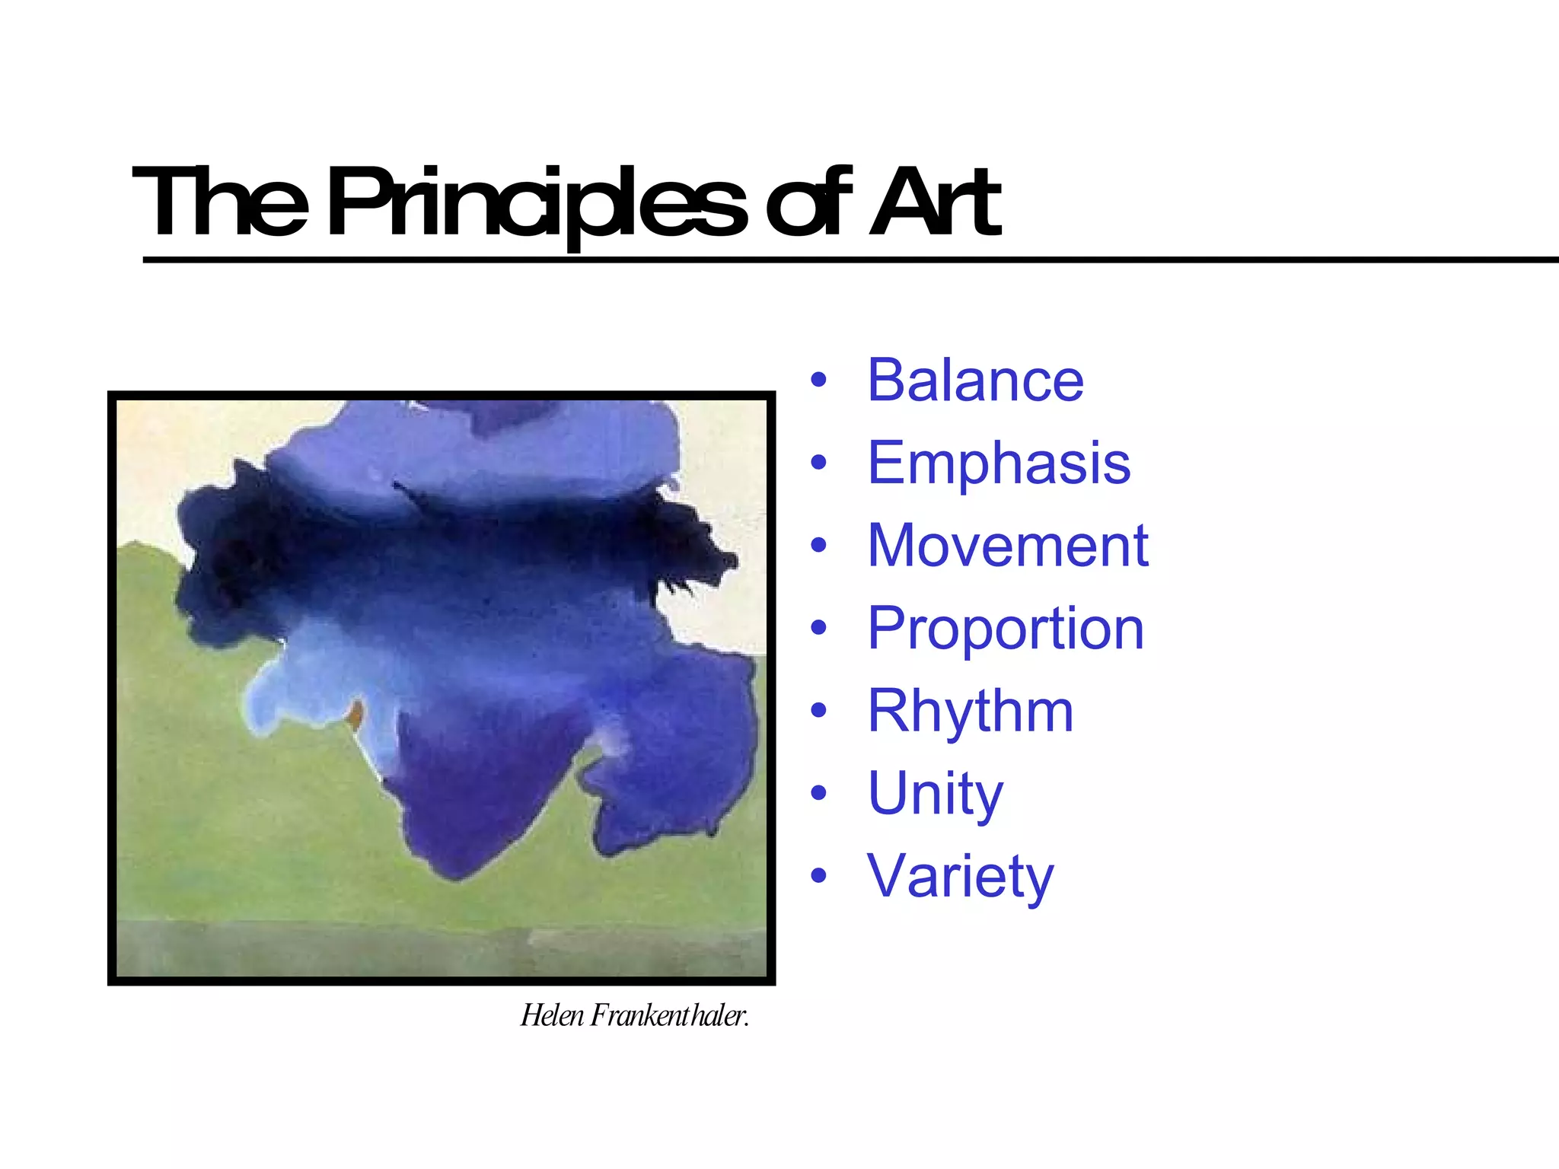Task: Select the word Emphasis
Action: click(x=999, y=463)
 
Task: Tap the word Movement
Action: click(x=1008, y=546)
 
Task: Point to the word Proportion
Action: click(x=1006, y=629)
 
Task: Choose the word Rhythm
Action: click(x=971, y=711)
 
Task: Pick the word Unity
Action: click(x=936, y=794)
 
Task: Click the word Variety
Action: click(x=961, y=876)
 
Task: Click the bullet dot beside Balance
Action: click(x=818, y=380)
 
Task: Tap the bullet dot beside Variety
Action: click(x=818, y=876)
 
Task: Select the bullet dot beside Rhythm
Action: click(x=818, y=711)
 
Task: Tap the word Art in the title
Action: click(x=935, y=202)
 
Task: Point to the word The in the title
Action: click(x=221, y=202)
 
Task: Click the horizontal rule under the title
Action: click(x=837, y=260)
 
